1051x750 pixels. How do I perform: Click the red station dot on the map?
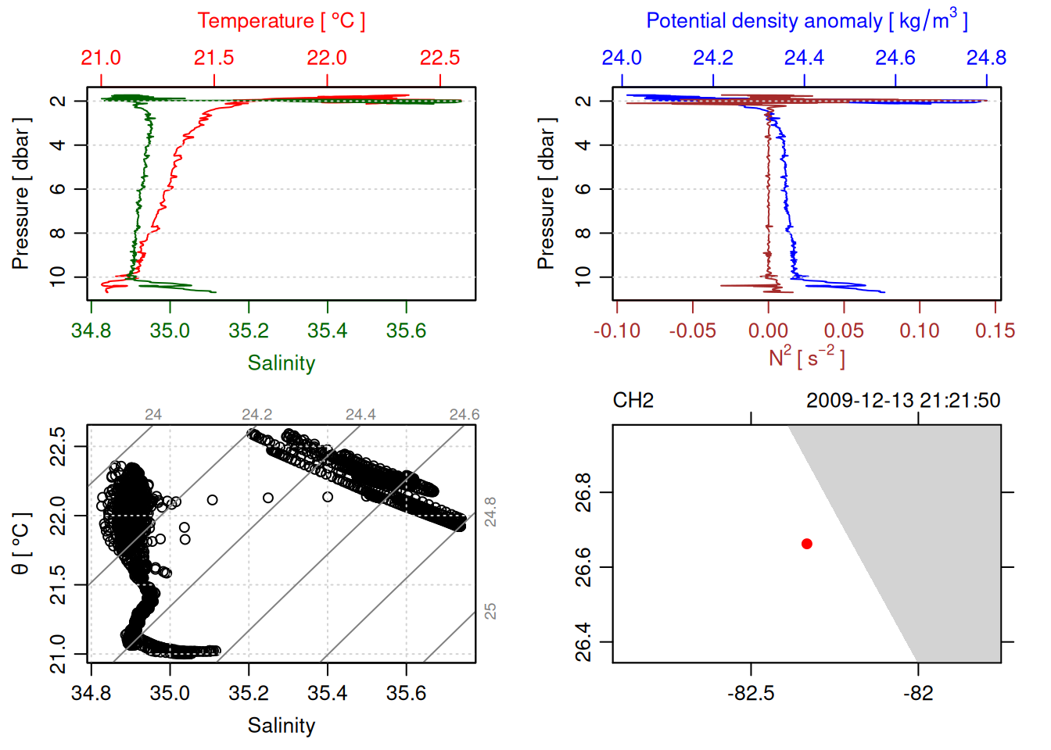tap(807, 544)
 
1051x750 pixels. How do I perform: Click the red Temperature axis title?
tap(281, 21)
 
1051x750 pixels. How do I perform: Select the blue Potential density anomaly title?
tap(806, 20)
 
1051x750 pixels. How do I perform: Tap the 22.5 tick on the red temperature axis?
tap(439, 58)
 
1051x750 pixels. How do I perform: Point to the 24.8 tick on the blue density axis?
tap(986, 58)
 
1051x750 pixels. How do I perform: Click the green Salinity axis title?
tap(281, 363)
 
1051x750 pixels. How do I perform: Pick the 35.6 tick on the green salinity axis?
tap(406, 330)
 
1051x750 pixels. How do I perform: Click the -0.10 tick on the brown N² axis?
tap(617, 330)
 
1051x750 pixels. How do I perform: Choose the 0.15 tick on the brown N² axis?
tap(995, 330)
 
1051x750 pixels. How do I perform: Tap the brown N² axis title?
tap(806, 358)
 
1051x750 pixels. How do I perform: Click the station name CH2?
tap(633, 401)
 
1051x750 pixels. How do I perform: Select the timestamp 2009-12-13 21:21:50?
tap(903, 401)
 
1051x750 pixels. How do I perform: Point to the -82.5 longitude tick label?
tap(751, 694)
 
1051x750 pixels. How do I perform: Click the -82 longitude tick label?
tap(918, 694)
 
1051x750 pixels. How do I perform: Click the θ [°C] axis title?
tap(20, 544)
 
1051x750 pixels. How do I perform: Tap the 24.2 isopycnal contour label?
tap(257, 415)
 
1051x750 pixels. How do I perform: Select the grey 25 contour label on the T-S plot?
tap(490, 611)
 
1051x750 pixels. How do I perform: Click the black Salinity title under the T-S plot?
tap(281, 726)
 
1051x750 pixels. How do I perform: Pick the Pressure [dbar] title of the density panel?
tap(546, 194)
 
